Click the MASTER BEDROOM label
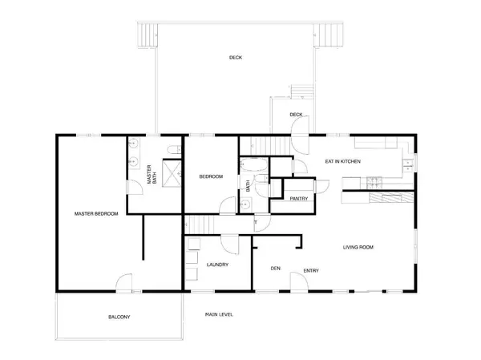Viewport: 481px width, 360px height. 96,214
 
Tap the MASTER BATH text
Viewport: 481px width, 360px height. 150,176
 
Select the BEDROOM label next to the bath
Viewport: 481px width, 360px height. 211,176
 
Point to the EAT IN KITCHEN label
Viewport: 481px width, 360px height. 342,162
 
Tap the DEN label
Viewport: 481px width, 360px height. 275,269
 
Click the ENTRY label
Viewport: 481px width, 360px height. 311,270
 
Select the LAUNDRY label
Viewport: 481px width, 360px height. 217,265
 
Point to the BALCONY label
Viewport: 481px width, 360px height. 119,318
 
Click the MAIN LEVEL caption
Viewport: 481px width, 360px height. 219,314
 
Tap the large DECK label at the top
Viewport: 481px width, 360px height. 235,58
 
